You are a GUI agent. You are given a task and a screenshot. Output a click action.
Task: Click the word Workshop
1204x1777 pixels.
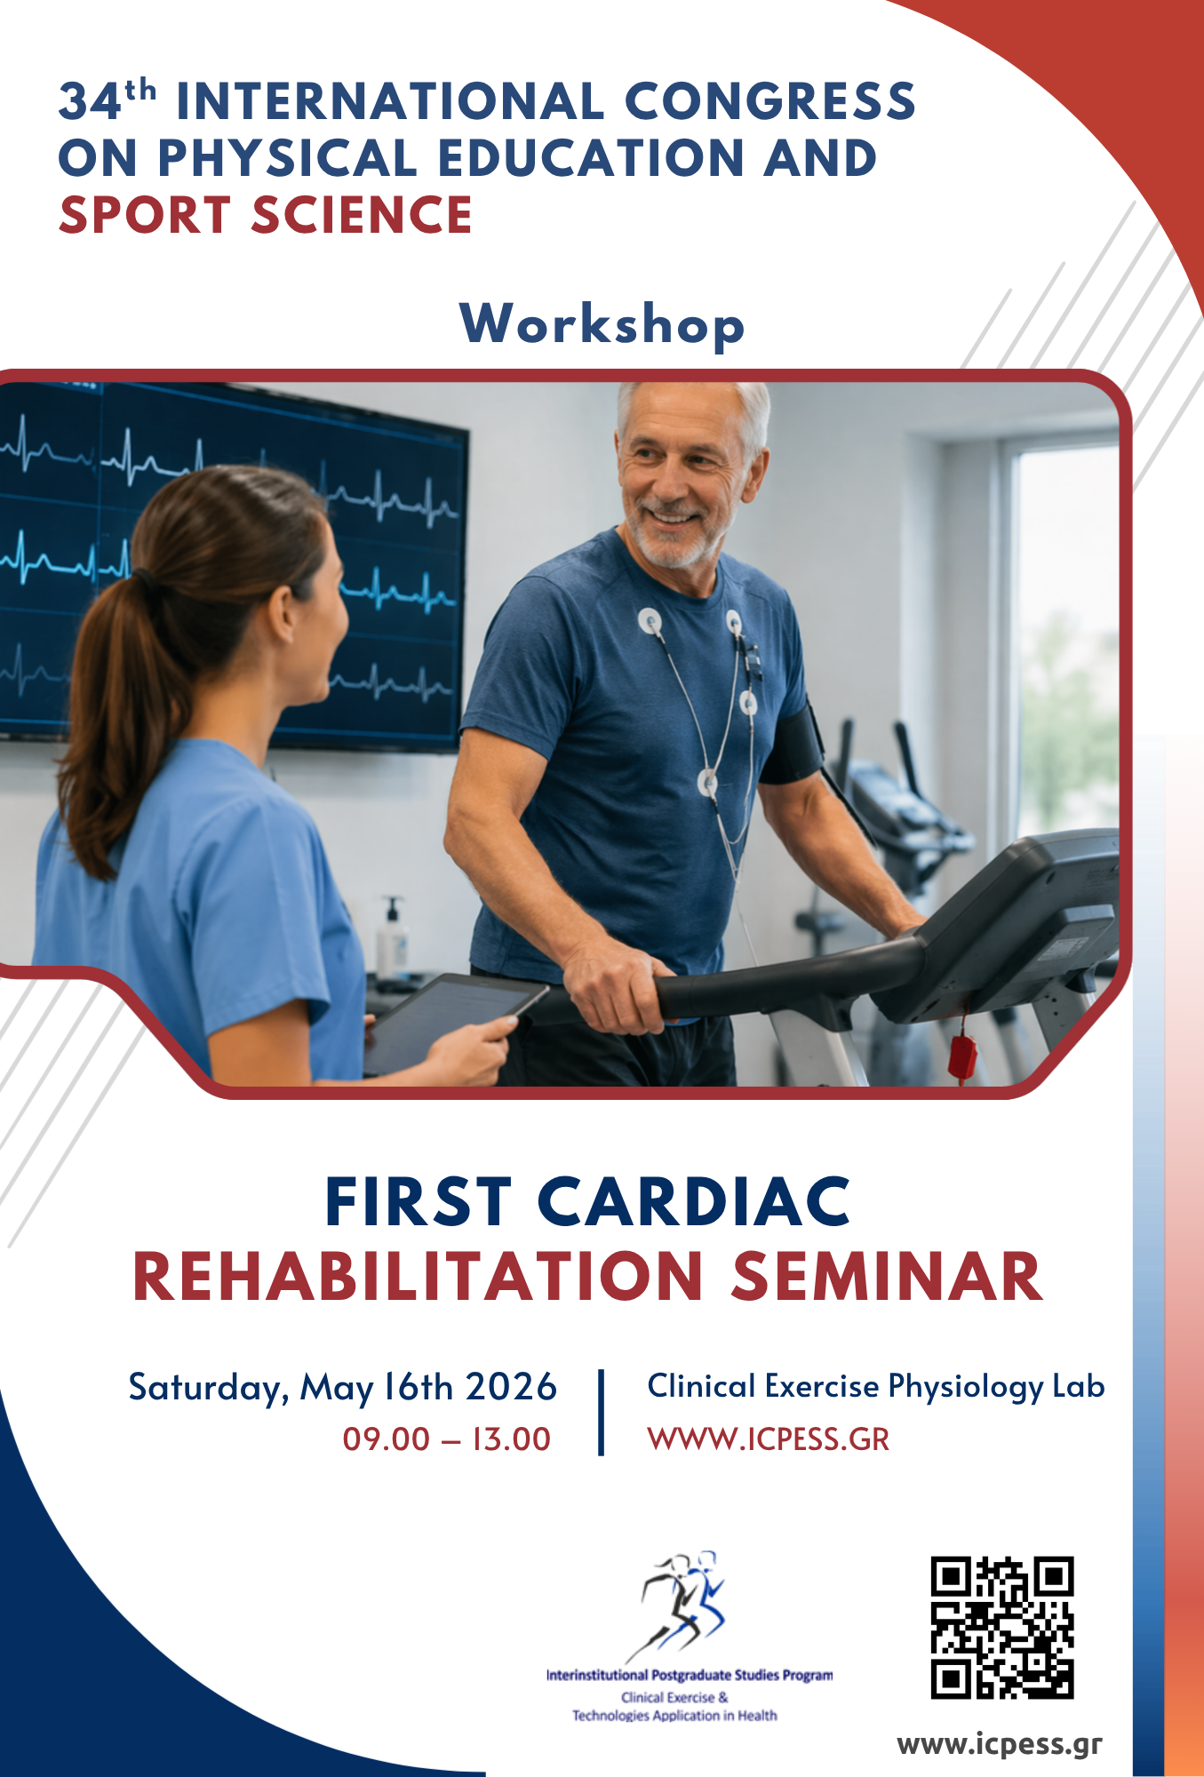(x=602, y=324)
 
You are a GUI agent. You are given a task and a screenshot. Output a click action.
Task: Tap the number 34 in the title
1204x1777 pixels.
(x=90, y=101)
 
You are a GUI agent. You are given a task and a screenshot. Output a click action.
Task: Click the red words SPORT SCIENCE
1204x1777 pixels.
(x=265, y=215)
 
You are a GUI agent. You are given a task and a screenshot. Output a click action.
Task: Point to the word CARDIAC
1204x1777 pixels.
(x=694, y=1202)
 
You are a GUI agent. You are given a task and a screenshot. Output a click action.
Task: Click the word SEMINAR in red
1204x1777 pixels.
(x=887, y=1277)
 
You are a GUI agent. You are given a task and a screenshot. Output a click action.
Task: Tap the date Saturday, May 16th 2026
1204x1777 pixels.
(x=342, y=1388)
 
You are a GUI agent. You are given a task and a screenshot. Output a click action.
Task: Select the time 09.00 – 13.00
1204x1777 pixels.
(x=447, y=1438)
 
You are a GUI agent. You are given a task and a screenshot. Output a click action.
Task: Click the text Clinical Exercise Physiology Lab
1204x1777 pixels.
(x=875, y=1387)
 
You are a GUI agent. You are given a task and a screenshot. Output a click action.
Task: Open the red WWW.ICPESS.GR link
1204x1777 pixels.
(x=769, y=1439)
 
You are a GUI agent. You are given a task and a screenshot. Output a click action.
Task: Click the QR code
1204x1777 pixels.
(x=1001, y=1628)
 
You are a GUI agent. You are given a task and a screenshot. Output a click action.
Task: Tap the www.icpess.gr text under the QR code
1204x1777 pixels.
(x=1000, y=1744)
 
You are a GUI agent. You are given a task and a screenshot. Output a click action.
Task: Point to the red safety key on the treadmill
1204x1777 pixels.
(x=962, y=1054)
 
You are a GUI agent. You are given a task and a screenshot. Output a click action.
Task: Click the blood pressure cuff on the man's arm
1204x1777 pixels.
(x=793, y=742)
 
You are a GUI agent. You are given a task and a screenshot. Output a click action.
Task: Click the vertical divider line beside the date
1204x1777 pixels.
(x=602, y=1412)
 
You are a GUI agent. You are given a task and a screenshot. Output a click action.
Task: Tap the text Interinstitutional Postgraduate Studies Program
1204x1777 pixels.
(x=690, y=1675)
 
